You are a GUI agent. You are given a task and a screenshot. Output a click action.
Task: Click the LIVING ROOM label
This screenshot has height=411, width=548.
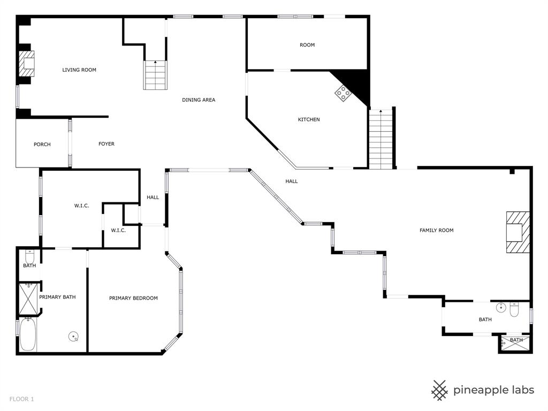pyautogui.click(x=79, y=70)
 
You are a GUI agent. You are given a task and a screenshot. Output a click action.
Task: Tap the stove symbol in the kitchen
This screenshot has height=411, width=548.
pyautogui.click(x=343, y=94)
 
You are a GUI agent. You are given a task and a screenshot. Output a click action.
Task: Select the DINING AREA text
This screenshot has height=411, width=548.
pyautogui.click(x=199, y=100)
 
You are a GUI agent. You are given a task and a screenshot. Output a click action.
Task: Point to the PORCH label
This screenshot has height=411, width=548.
pyautogui.click(x=42, y=144)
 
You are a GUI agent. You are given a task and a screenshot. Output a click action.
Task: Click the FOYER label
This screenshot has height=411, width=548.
pyautogui.click(x=106, y=144)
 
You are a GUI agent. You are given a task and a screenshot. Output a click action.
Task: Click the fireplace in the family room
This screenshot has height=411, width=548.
pyautogui.click(x=517, y=232)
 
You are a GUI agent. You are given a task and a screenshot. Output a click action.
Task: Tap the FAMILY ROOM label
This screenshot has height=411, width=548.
pyautogui.click(x=436, y=231)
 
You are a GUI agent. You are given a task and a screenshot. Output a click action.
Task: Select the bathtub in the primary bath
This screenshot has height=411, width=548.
pyautogui.click(x=28, y=335)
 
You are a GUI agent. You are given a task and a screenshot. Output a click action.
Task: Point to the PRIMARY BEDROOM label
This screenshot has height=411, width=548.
pyautogui.click(x=133, y=298)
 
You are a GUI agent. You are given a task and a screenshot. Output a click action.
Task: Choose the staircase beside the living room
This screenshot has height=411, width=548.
pyautogui.click(x=155, y=75)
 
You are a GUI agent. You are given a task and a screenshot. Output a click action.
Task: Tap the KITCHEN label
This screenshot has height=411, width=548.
pyautogui.click(x=309, y=120)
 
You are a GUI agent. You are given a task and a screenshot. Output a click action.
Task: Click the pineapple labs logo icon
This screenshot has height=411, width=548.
pyautogui.click(x=440, y=390)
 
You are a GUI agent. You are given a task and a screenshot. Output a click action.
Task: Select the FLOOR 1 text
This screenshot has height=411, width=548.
pyautogui.click(x=22, y=399)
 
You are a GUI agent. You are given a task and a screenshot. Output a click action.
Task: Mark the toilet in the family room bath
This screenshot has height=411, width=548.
pyautogui.click(x=514, y=309)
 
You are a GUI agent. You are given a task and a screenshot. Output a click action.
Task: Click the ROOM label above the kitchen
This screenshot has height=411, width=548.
pyautogui.click(x=307, y=45)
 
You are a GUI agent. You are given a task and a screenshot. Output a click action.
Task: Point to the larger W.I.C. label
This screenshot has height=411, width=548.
pyautogui.click(x=81, y=206)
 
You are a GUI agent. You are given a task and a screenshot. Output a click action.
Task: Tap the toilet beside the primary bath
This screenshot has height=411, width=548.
pyautogui.click(x=30, y=257)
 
